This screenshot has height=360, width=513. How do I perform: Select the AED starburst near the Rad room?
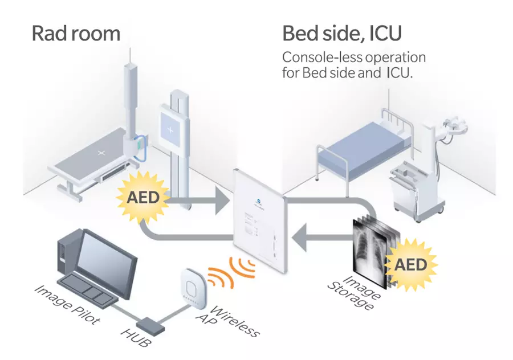pos(140,198)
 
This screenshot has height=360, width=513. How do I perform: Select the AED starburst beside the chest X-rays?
pos(410,265)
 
